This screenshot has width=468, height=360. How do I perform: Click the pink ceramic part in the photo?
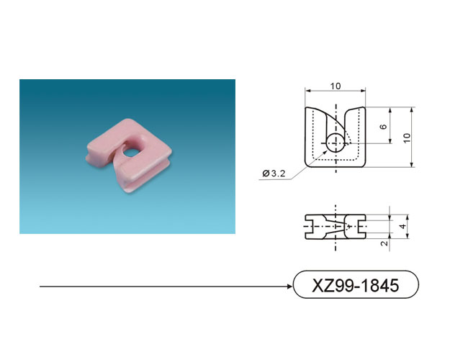tap(128, 155)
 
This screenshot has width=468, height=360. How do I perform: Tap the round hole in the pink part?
tap(130, 152)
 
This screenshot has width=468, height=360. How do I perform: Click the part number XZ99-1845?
tap(355, 285)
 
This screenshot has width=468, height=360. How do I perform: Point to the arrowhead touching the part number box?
tap(289, 287)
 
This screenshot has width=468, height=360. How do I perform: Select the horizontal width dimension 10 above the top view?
tap(336, 86)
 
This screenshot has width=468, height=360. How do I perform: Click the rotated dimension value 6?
tap(383, 127)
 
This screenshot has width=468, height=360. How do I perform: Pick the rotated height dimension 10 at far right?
tap(407, 138)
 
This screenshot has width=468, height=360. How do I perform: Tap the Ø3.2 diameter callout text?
tap(274, 173)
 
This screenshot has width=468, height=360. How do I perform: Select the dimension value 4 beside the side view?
tap(403, 226)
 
